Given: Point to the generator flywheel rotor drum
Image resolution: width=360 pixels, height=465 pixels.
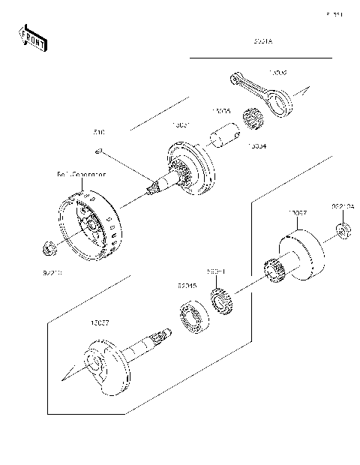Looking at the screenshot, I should (x=90, y=224).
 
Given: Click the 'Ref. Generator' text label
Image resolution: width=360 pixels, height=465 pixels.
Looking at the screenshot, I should (x=81, y=174).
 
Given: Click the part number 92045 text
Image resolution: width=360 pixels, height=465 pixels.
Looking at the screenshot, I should (x=187, y=286).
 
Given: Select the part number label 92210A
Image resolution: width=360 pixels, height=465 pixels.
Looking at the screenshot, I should (x=343, y=205).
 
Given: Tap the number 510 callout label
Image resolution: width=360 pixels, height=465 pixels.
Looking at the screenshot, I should (x=99, y=132).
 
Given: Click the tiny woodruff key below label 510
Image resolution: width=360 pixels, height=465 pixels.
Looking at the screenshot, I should (x=98, y=151).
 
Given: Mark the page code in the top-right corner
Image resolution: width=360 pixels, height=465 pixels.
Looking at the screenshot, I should (x=334, y=13).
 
